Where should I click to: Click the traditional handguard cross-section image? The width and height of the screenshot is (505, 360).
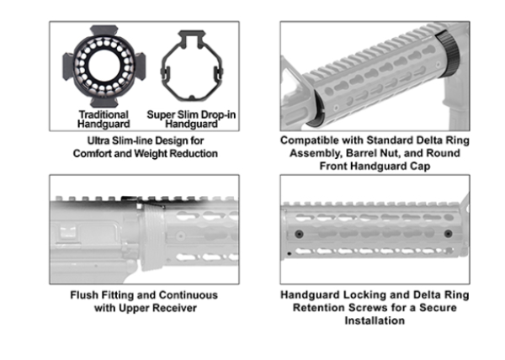pos(104,66)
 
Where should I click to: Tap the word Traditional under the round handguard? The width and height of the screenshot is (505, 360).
pos(104,114)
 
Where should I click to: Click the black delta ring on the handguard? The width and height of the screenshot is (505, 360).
pos(449,54)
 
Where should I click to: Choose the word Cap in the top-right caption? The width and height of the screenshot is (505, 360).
pos(422,167)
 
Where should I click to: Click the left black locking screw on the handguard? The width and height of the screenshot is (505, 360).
pos(299,234)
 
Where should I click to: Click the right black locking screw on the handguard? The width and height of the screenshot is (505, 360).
pos(448,234)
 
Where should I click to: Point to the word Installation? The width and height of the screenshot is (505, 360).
pos(375,320)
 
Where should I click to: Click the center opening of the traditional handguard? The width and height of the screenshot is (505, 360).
pos(104,66)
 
